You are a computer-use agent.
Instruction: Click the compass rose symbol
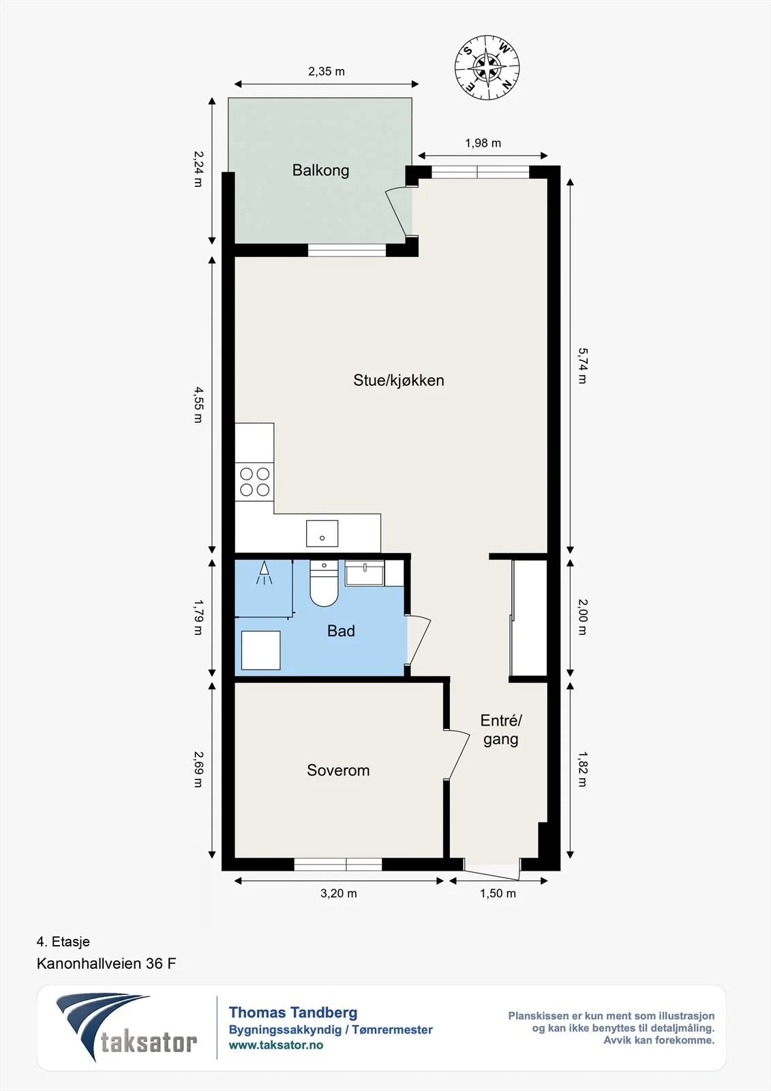[x=487, y=68]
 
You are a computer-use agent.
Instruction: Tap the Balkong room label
[x=320, y=170]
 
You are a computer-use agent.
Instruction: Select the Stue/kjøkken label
[x=398, y=380]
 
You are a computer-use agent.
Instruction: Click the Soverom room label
[x=338, y=770]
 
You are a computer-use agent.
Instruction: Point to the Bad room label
[x=341, y=631]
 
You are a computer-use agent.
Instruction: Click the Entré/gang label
[x=500, y=730]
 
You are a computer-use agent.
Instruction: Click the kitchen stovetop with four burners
[x=254, y=481]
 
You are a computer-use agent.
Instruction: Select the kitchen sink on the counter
[x=322, y=533]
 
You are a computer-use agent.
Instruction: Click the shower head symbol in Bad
[x=264, y=573]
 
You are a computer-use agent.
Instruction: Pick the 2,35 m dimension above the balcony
[x=327, y=72]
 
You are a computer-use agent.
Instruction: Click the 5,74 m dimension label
[x=582, y=365]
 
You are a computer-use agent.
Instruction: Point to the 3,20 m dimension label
[x=339, y=893]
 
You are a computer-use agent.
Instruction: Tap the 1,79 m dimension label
[x=198, y=617]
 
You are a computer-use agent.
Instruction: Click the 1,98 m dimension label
[x=483, y=143]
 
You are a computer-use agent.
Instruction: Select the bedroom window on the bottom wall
[x=338, y=864]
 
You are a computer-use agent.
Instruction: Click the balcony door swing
[x=396, y=212]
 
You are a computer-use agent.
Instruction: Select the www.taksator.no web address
[x=276, y=1045]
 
